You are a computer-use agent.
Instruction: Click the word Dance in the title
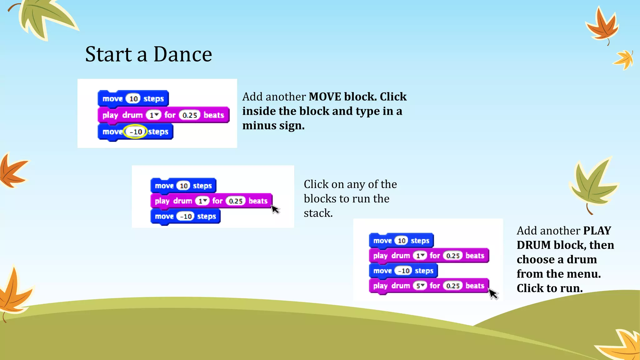182,55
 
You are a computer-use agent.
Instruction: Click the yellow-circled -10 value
136,132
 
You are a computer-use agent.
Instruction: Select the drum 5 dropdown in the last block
420,286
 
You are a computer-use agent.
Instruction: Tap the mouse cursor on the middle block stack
275,209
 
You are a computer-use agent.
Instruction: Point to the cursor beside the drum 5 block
493,294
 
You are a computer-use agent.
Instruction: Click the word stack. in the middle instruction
318,213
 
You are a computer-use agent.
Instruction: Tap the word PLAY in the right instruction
597,231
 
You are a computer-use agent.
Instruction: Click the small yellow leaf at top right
624,60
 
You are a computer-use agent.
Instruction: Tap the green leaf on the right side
592,184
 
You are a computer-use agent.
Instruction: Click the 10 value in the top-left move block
133,99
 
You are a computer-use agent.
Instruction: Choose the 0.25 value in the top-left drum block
189,115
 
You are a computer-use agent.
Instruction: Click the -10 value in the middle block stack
186,216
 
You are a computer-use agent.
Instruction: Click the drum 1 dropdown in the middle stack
202,201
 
